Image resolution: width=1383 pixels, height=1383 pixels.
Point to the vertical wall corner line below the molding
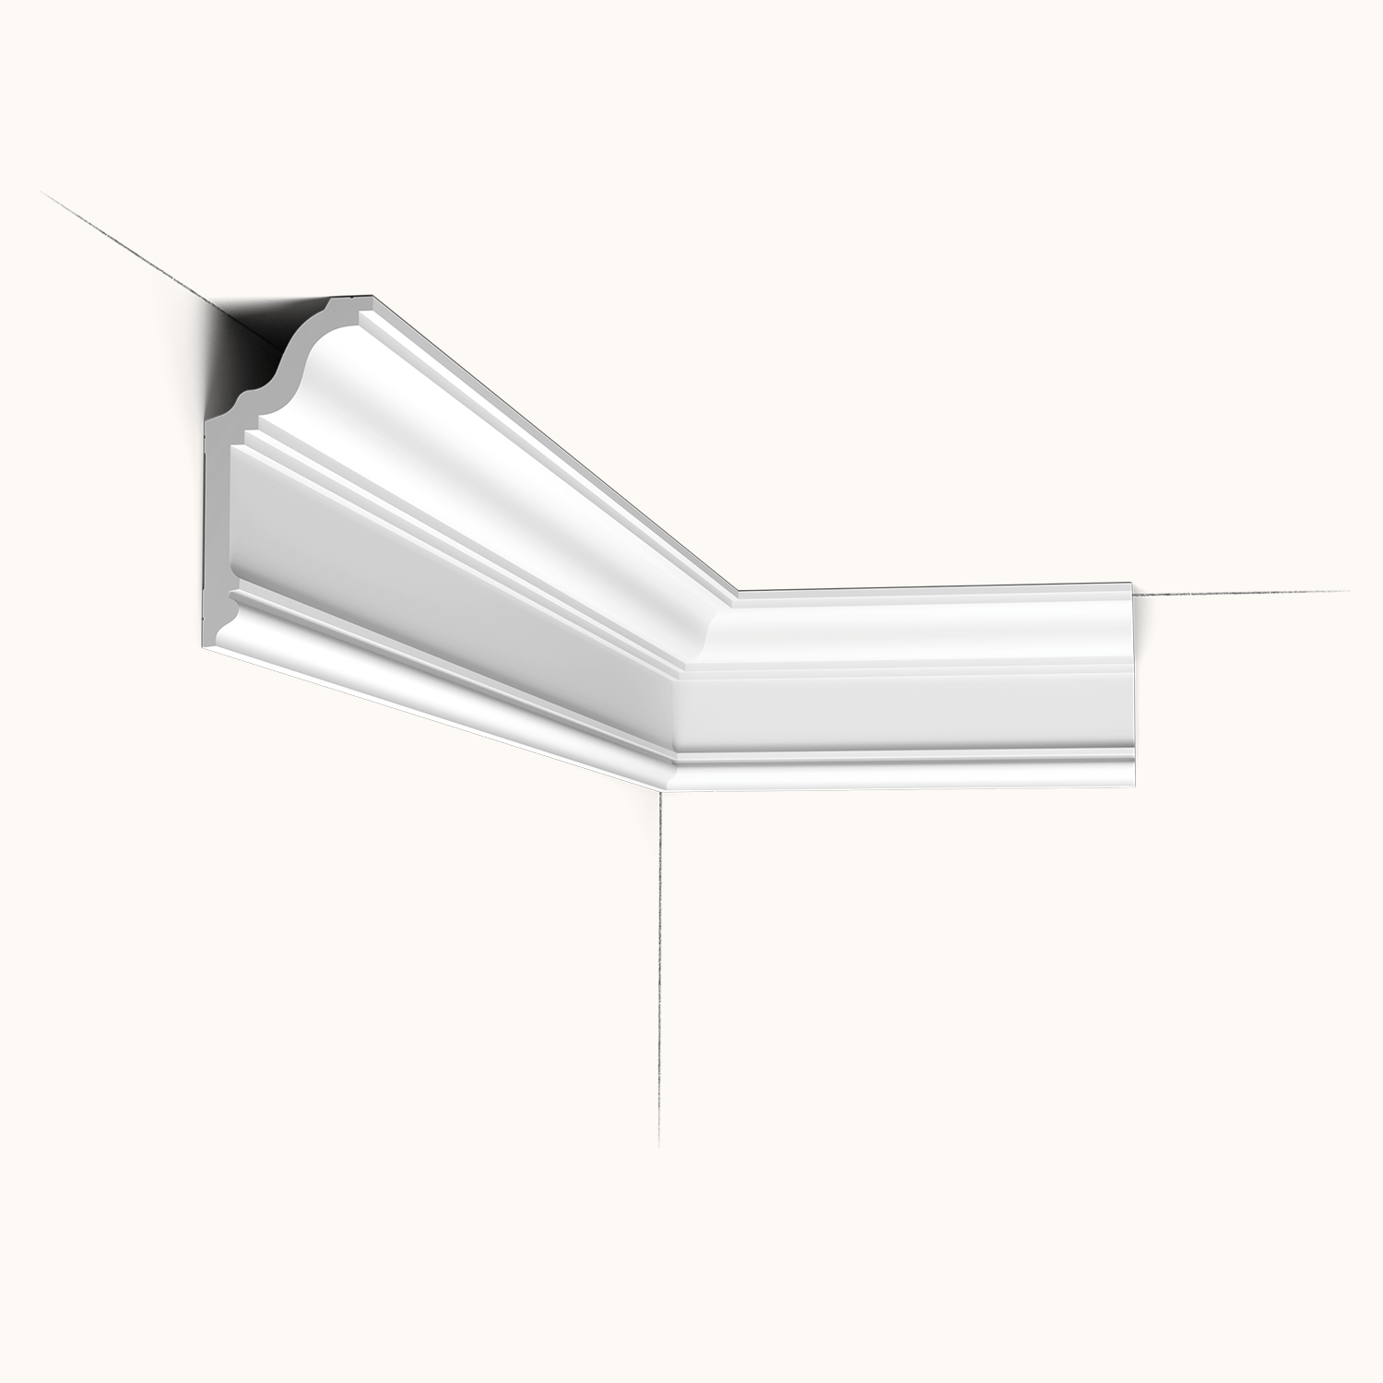660,968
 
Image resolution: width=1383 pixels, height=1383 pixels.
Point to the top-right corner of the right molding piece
1131,584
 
